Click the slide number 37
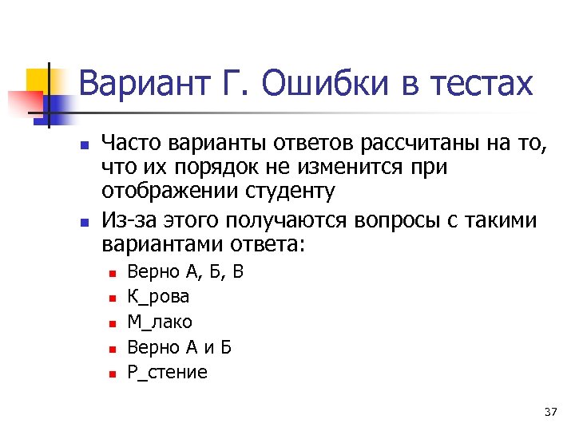coord(549,412)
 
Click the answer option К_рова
coord(158,297)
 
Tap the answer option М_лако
coord(160,322)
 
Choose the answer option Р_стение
coord(167,372)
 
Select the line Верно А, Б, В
coord(184,272)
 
